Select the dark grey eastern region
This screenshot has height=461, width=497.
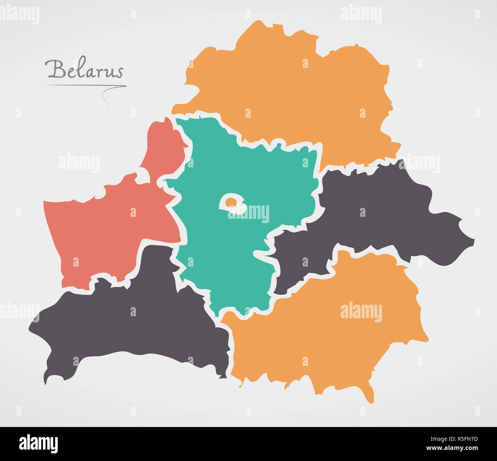[x=382, y=214]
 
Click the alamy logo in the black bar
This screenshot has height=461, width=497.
[x=38, y=444]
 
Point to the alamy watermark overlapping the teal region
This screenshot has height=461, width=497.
[x=248, y=214]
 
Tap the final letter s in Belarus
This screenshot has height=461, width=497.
[x=120, y=71]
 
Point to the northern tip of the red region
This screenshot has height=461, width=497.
[x=167, y=119]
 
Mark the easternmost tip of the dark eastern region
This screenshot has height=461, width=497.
[x=474, y=241]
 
